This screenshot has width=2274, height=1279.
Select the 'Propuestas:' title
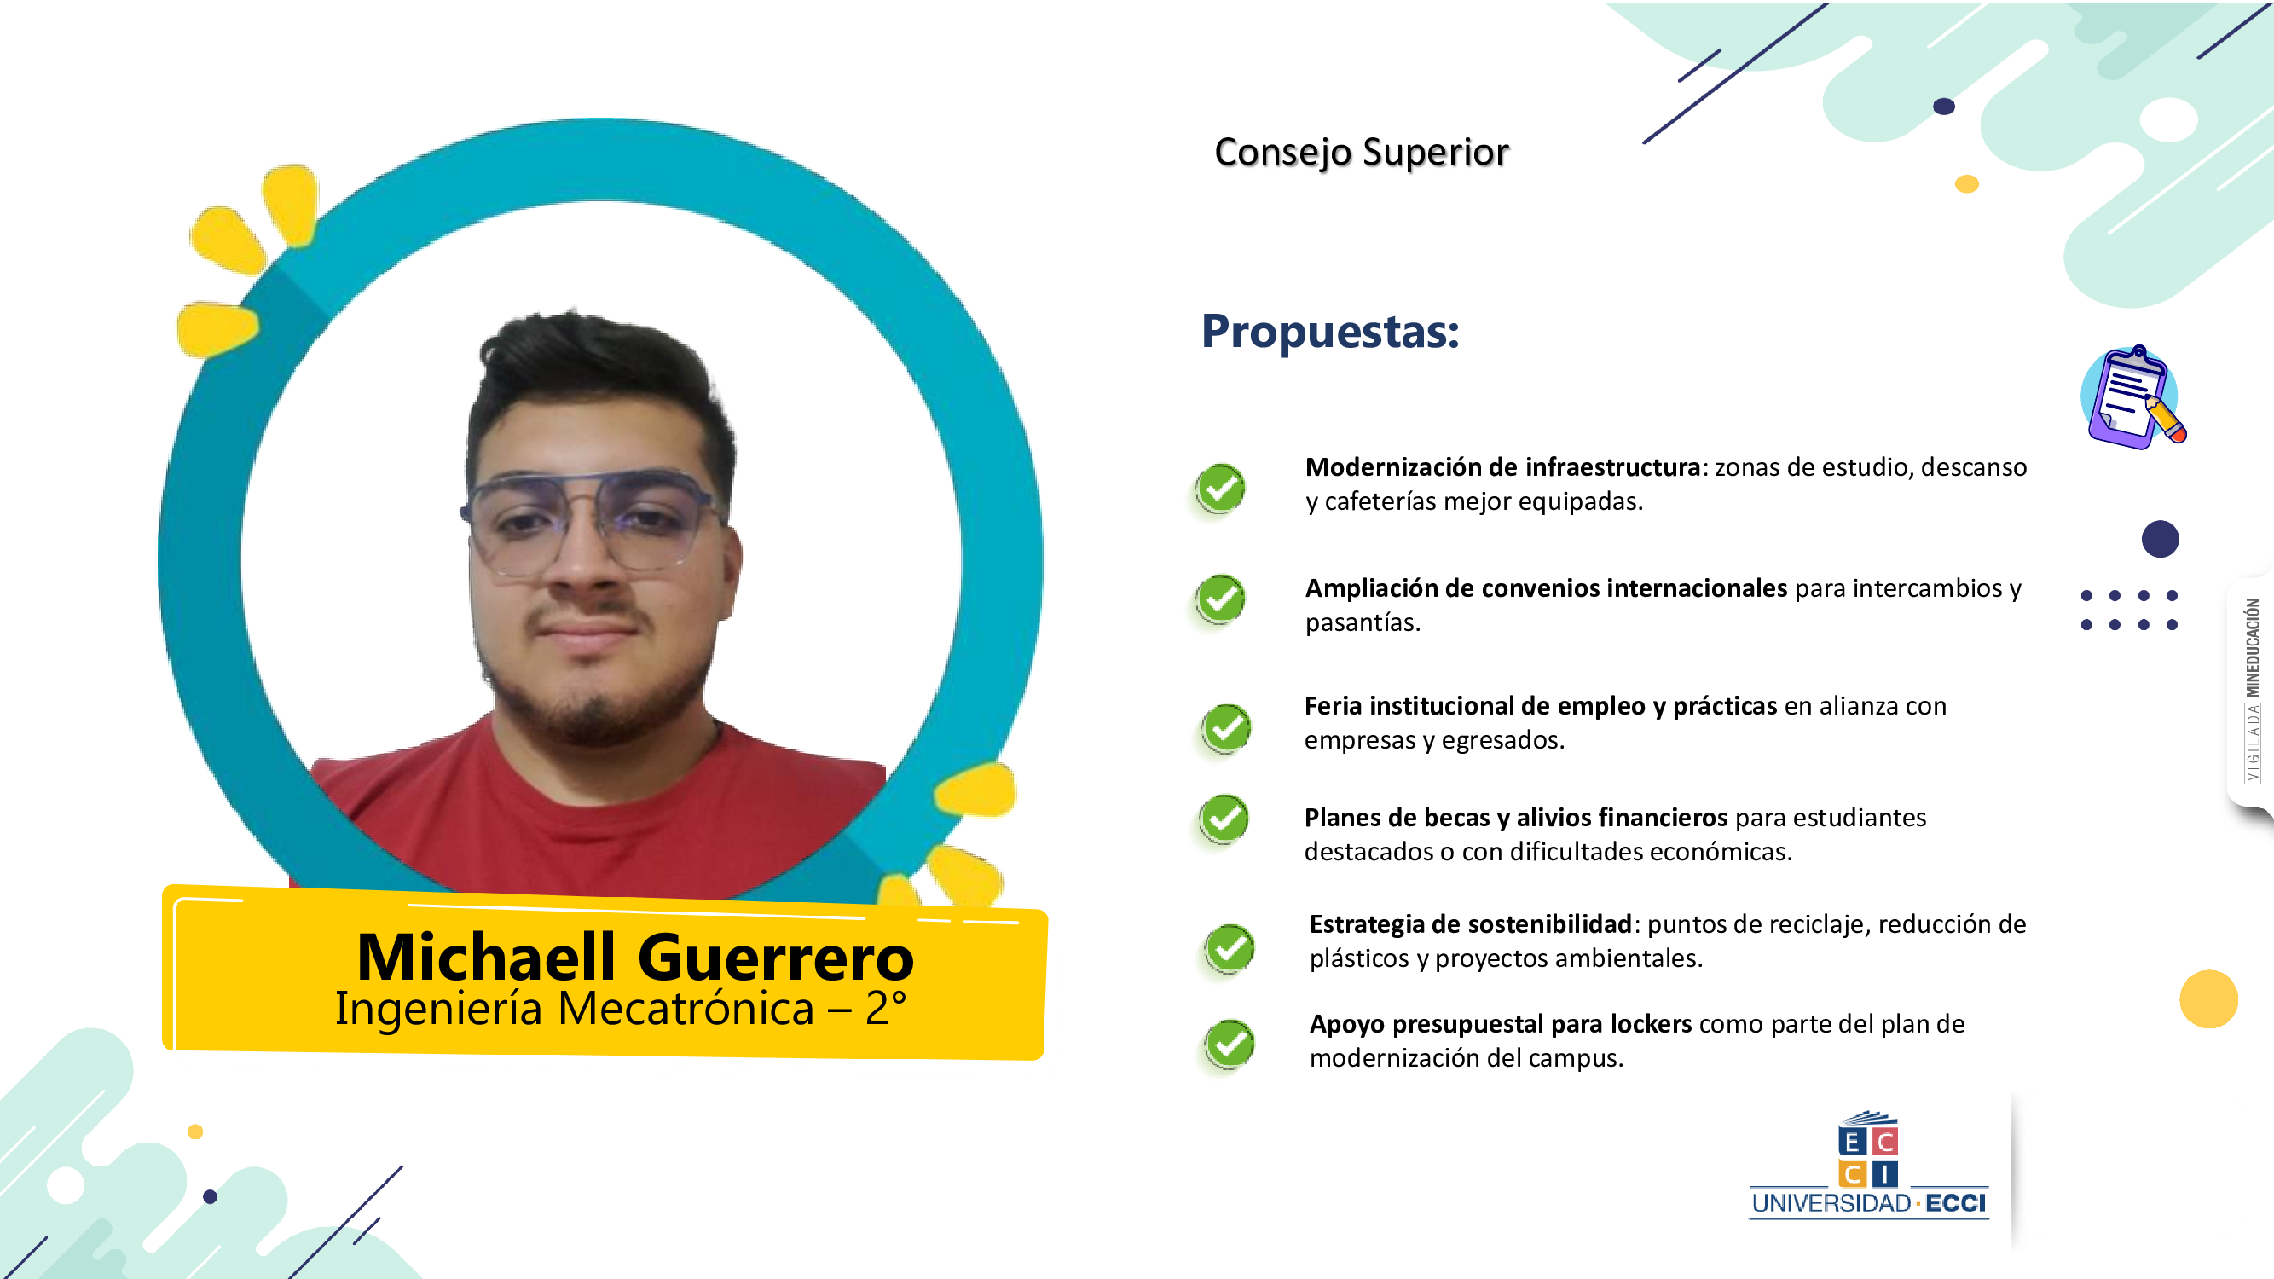coord(1330,332)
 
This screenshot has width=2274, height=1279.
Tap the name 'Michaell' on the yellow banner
coord(485,957)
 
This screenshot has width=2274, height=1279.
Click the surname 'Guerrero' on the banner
coord(776,958)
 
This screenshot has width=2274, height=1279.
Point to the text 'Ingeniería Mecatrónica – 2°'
coord(621,1009)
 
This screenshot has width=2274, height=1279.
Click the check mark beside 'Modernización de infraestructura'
coord(1220,488)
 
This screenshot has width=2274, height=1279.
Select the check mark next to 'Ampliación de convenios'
coord(1220,599)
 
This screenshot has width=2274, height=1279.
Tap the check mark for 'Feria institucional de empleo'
coord(1225,728)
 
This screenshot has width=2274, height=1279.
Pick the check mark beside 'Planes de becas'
coord(1224,819)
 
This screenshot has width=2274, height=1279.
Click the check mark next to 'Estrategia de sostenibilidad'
coord(1229,949)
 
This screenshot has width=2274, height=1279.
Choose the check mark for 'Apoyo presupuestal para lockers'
coord(1229,1045)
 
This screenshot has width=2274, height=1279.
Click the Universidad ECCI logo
coord(1869,1165)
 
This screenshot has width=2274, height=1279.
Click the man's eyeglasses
coord(591,523)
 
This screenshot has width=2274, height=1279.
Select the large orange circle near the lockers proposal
coord(2208,999)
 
